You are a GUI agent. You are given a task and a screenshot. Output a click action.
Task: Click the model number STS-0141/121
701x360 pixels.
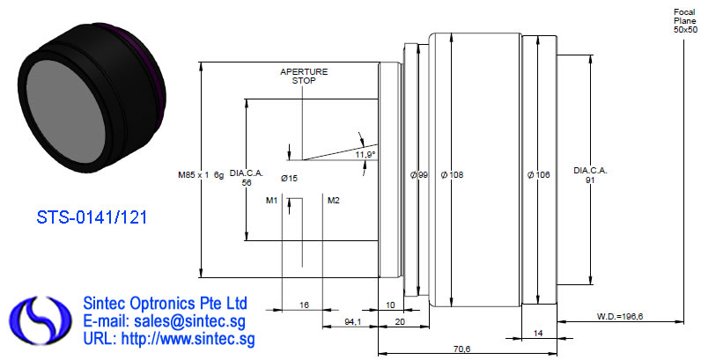92,217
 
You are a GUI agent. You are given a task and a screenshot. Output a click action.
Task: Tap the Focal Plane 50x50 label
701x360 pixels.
685,21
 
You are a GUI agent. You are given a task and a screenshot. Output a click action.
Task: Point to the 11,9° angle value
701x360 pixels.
365,155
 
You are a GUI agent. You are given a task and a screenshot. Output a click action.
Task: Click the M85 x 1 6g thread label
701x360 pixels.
201,175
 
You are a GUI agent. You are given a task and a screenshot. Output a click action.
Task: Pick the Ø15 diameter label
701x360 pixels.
289,179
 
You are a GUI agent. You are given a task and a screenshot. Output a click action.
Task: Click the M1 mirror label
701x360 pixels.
272,201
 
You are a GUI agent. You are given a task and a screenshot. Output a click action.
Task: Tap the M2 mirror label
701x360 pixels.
334,201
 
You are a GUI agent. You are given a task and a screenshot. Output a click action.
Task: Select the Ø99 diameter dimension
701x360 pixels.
419,175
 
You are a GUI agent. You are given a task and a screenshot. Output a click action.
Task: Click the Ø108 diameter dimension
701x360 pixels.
452,175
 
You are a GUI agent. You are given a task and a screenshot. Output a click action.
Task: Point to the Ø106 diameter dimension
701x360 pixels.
538,175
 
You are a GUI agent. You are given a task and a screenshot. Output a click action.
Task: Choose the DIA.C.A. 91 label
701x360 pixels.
591,175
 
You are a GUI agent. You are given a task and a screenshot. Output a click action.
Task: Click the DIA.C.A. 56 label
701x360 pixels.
247,178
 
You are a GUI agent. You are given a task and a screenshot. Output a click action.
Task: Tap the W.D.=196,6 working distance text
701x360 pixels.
620,317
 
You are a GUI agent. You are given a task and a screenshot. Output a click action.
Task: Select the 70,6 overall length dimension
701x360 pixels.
461,349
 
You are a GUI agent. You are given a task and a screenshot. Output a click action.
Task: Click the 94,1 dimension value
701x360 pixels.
353,322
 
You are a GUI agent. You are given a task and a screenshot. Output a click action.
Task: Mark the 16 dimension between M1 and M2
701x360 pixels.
304,305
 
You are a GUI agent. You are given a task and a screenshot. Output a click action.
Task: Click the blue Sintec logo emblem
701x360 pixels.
41,320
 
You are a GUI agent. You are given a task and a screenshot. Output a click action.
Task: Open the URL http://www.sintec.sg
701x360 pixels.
169,339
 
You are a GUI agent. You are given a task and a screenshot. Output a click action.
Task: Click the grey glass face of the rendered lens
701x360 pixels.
66,110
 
